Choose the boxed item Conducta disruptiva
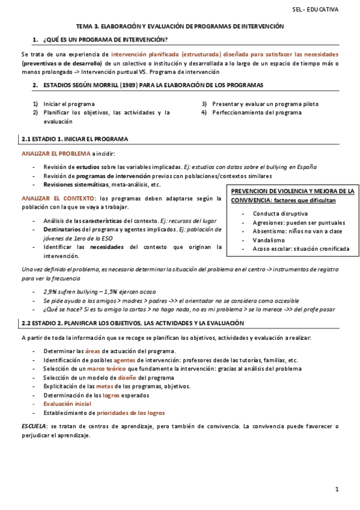tap(280, 214)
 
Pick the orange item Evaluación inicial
tap(67, 404)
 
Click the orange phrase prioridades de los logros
tap(130, 413)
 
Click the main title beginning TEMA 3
tap(180, 27)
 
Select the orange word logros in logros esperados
tap(111, 395)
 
